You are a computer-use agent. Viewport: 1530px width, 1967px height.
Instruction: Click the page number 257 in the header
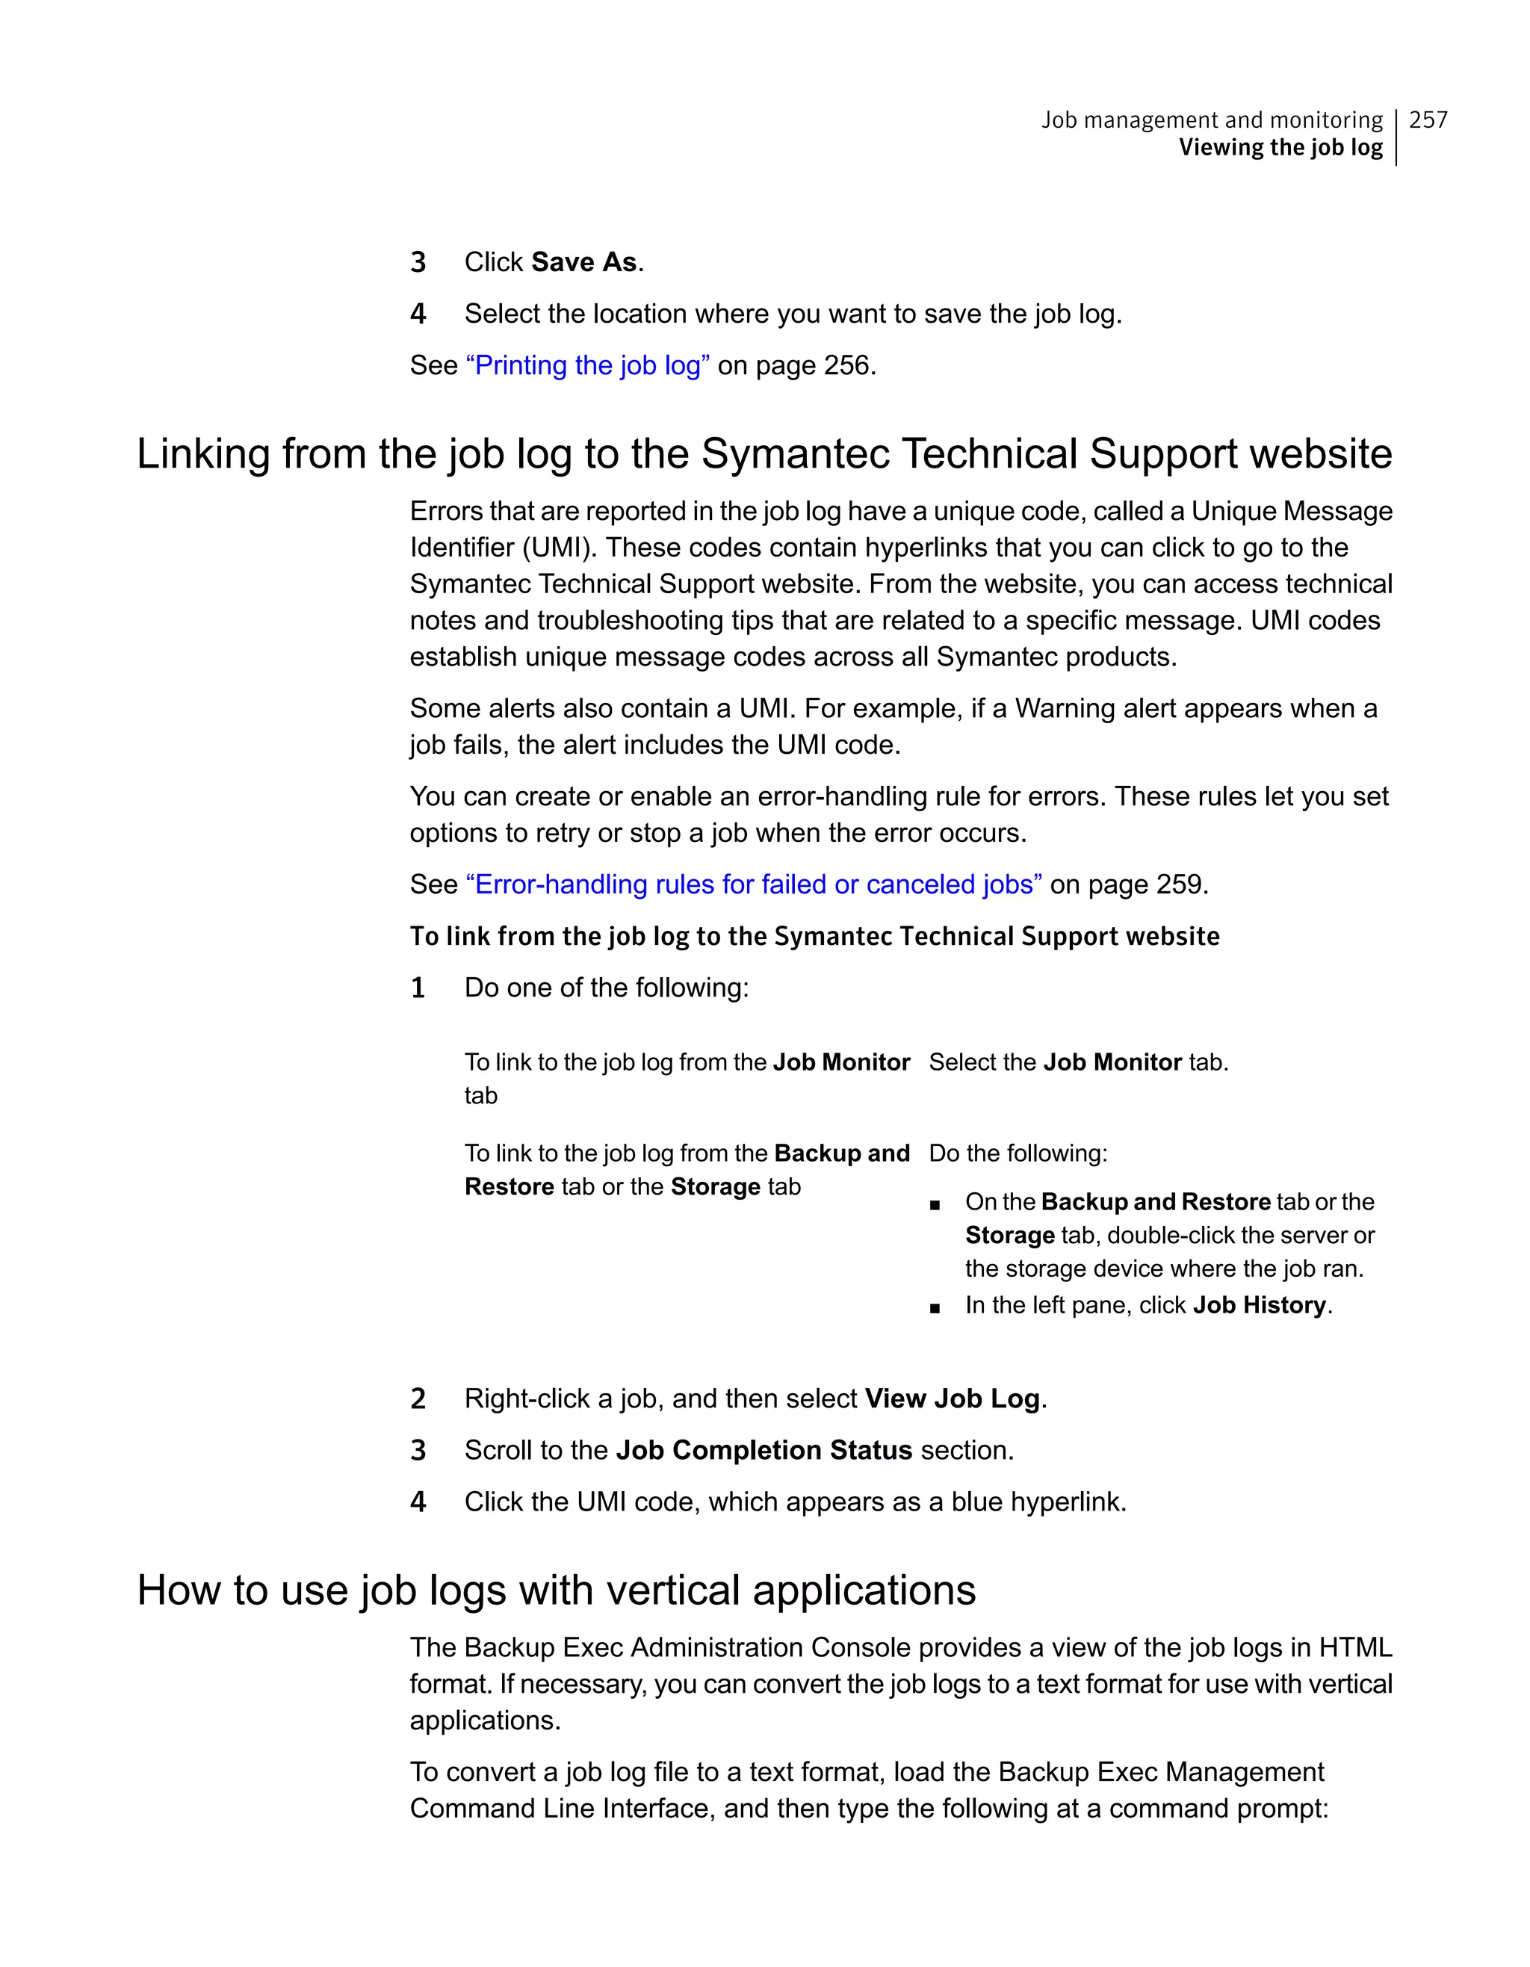pos(1428,120)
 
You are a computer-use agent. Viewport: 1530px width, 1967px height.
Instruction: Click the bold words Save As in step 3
pos(583,262)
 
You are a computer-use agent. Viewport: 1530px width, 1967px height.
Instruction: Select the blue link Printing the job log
pos(587,365)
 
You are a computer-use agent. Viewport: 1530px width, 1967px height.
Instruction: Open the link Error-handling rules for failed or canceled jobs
pos(754,885)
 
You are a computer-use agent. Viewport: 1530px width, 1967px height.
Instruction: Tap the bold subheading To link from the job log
pos(814,937)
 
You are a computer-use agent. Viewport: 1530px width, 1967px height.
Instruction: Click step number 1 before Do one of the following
pos(418,988)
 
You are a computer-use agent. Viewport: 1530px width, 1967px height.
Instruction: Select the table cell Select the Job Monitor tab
pos(1078,1063)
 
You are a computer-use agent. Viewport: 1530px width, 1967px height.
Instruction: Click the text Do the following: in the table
pos(1018,1153)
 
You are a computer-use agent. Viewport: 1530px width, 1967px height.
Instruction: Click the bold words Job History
pos(1259,1306)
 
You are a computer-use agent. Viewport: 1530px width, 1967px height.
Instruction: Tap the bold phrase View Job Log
pos(952,1398)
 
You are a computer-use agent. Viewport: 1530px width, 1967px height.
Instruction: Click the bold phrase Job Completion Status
pos(764,1451)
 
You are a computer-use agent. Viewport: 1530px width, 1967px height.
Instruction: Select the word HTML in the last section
pos(1355,1648)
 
